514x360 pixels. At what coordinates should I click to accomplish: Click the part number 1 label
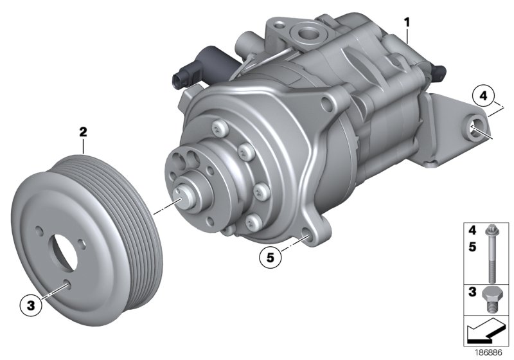click(407, 22)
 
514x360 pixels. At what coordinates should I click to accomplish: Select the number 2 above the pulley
click(83, 132)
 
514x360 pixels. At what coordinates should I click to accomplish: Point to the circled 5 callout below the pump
click(270, 258)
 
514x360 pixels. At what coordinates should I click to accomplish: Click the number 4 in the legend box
click(472, 230)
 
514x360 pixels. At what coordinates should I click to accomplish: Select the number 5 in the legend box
click(472, 245)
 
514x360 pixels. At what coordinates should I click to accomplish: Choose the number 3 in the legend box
click(472, 293)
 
